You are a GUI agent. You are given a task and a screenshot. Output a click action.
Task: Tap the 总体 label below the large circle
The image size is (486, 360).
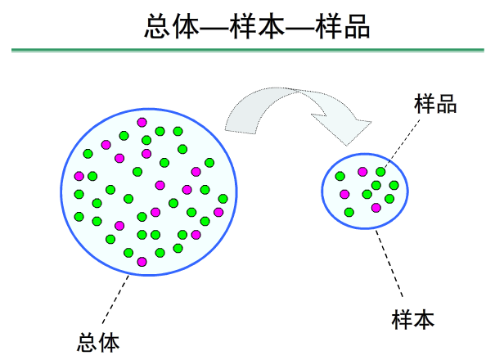point(98,340)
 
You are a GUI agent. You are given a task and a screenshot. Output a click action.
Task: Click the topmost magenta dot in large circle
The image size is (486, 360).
point(142,121)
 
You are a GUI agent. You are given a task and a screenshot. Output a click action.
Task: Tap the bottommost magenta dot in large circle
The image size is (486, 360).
point(142,261)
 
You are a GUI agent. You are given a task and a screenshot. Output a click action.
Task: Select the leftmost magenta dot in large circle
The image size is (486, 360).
point(79,176)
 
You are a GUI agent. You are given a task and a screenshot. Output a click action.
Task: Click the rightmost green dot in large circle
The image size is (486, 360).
point(223,198)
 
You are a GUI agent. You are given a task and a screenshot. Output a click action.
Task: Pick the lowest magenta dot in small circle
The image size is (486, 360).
point(376,208)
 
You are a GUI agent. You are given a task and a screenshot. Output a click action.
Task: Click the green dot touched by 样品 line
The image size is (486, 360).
point(380,172)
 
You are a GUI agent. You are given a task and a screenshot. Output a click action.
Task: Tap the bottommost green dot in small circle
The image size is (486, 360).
point(349,212)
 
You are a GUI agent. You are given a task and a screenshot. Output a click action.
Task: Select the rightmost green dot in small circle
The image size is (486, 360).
point(394,185)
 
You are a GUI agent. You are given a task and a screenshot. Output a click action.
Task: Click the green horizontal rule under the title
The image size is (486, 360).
point(243,51)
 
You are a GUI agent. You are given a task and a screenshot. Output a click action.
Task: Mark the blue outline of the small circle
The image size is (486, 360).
point(322,191)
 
